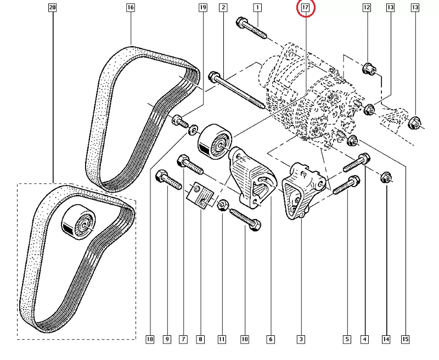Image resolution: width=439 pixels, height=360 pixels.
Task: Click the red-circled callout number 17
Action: (305, 7)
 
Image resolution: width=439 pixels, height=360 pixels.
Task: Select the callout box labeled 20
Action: (52, 7)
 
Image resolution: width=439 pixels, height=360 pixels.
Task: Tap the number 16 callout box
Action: (131, 7)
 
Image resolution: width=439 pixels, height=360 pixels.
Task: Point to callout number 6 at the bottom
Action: (271, 339)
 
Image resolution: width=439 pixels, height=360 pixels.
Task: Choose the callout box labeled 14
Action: (386, 339)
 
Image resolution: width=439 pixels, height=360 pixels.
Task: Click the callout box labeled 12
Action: (367, 7)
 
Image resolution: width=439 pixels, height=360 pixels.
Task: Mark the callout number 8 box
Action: (200, 339)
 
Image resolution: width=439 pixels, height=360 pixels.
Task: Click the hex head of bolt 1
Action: (241, 22)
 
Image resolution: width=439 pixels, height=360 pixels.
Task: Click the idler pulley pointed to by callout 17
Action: (215, 142)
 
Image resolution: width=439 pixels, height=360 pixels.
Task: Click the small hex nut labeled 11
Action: (222, 205)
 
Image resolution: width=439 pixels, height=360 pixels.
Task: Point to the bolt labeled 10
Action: (245, 220)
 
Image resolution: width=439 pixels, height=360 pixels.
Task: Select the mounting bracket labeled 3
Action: (303, 190)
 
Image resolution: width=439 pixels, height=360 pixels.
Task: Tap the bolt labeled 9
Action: (168, 179)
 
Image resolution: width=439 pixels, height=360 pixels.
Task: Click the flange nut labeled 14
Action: (386, 178)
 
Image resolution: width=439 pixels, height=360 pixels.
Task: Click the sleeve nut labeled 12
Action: (369, 69)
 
